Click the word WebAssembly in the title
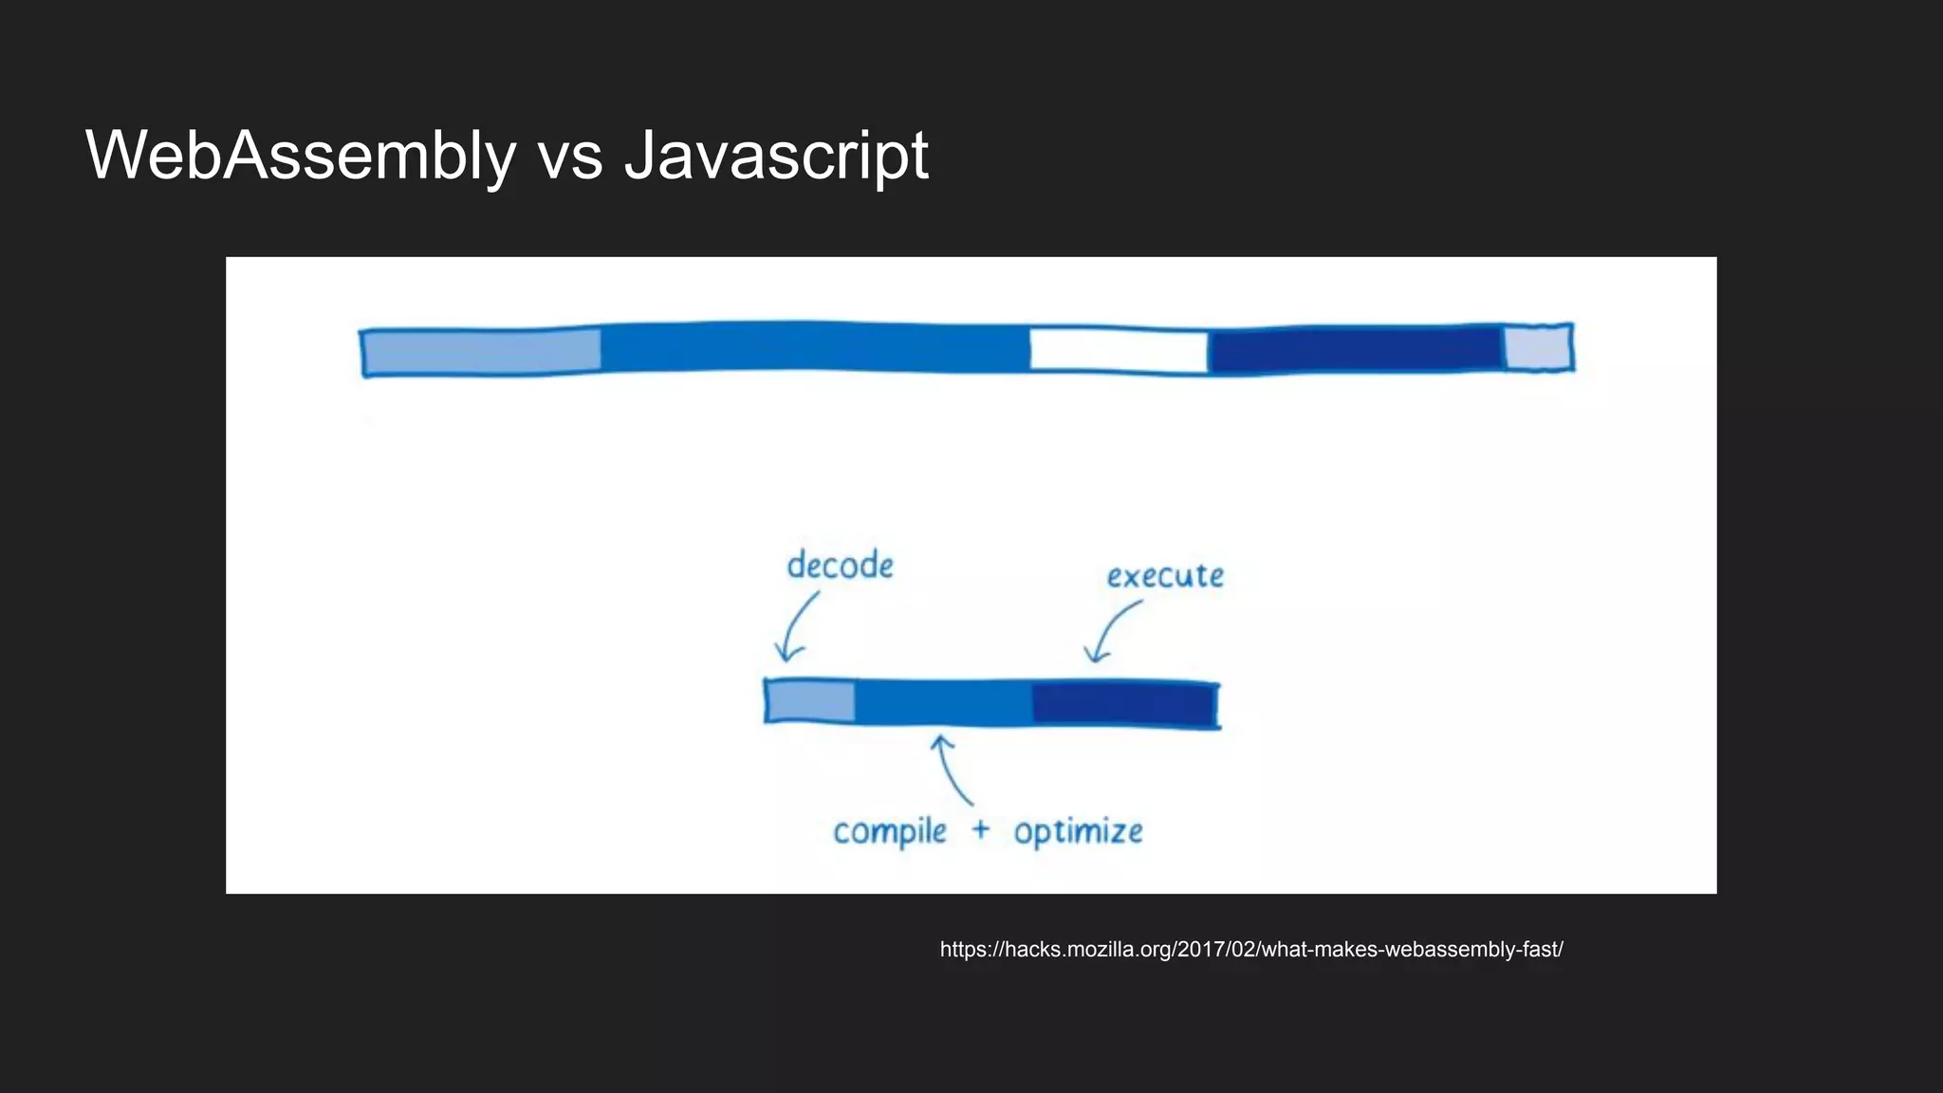[301, 155]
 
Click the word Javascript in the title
[776, 155]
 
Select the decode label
[840, 565]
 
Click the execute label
[1165, 576]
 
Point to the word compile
[890, 832]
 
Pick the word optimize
[1078, 832]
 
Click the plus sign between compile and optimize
[980, 830]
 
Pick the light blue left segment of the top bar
[482, 351]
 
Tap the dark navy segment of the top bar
[1355, 350]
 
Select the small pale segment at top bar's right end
[1537, 347]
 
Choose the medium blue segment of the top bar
[814, 347]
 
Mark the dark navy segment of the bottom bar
[1123, 704]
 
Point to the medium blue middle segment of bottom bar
[943, 703]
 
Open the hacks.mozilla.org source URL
[1250, 950]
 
